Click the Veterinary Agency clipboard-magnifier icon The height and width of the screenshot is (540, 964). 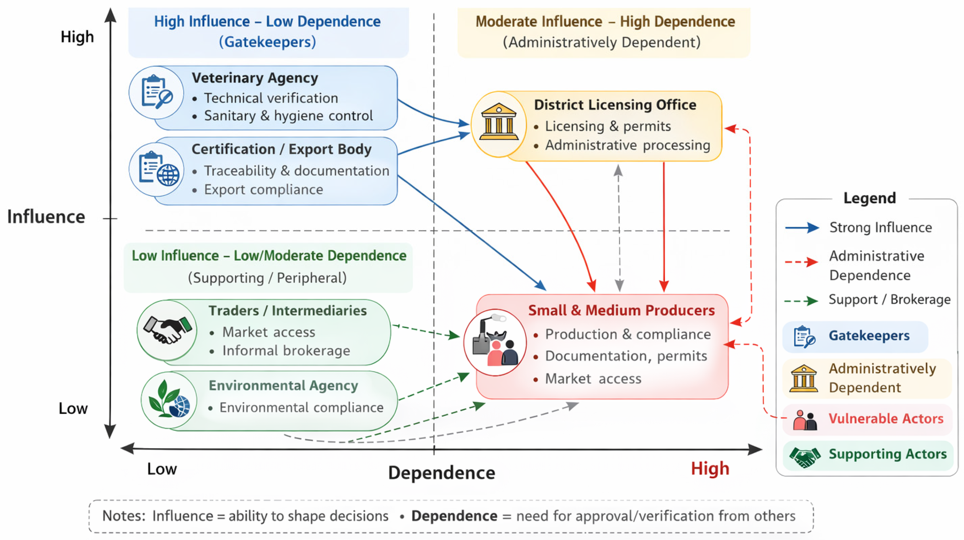(156, 92)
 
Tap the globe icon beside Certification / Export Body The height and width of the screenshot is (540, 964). (168, 174)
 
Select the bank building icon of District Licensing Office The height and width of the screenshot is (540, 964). (499, 122)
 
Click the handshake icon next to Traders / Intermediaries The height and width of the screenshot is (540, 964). (167, 329)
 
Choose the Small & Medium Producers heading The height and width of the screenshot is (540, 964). (621, 310)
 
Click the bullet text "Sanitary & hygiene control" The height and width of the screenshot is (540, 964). (288, 116)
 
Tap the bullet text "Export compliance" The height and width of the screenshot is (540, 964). (263, 189)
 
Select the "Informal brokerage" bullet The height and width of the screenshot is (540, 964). (286, 351)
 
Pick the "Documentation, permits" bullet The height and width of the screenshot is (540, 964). (626, 356)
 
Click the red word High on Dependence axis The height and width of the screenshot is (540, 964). (710, 468)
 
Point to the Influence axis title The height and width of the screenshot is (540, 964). (46, 217)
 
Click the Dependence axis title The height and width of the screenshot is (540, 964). (442, 472)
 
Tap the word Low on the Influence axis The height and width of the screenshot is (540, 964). (73, 408)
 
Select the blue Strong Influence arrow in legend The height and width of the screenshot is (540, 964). (802, 228)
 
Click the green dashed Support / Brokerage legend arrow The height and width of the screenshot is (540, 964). (801, 301)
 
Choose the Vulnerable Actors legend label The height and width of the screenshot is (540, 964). (886, 418)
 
